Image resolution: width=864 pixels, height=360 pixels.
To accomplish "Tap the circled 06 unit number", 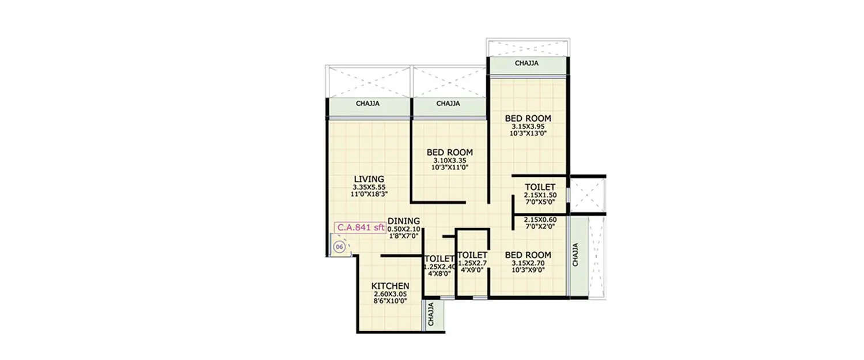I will pyautogui.click(x=340, y=247).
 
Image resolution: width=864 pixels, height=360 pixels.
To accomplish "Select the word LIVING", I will pyautogui.click(x=369, y=179).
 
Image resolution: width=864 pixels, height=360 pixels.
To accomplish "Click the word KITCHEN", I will pyautogui.click(x=390, y=286).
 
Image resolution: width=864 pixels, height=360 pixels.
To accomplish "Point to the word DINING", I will pyautogui.click(x=404, y=221).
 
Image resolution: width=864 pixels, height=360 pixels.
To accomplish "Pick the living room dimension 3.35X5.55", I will pyautogui.click(x=369, y=187).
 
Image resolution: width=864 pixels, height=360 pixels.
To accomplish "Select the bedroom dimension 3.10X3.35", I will pyautogui.click(x=450, y=160).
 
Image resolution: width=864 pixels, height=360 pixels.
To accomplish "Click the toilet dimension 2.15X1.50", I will pyautogui.click(x=540, y=195).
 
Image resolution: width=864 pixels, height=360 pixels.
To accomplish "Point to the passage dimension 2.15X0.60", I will pyautogui.click(x=540, y=220).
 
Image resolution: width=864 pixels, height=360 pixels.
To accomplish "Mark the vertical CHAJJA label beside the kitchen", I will pyautogui.click(x=432, y=316).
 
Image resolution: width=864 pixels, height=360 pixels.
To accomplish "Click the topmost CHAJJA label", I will pyautogui.click(x=526, y=64).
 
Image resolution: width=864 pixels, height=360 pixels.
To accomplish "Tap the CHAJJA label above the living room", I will pyautogui.click(x=367, y=104).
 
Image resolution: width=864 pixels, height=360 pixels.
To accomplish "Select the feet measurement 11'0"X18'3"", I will pyautogui.click(x=369, y=194).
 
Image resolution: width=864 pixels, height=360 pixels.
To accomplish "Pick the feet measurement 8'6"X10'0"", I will pyautogui.click(x=390, y=301).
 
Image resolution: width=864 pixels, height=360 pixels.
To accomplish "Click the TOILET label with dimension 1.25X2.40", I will pyautogui.click(x=439, y=259).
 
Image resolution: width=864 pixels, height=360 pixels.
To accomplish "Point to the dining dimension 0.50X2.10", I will pyautogui.click(x=404, y=229).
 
